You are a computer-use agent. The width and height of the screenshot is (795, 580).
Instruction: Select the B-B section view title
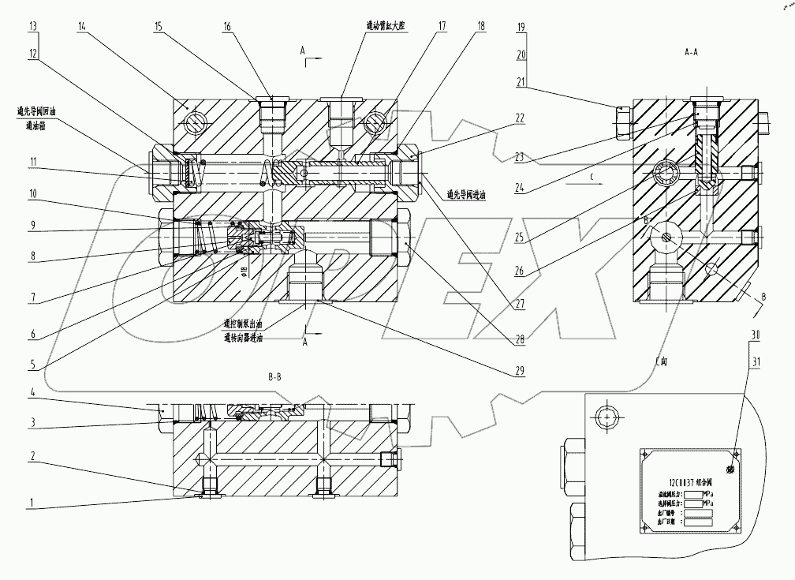[274, 378]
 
